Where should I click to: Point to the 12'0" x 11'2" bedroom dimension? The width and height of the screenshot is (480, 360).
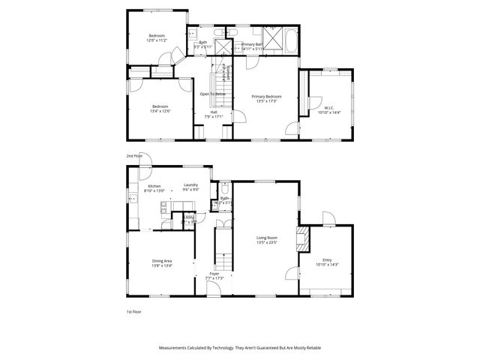156,40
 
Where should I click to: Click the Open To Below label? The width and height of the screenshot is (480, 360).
212,94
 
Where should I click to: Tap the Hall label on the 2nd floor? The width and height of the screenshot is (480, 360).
214,112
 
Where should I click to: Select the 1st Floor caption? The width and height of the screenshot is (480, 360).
133,310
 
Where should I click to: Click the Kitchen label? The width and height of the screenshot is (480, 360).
154,185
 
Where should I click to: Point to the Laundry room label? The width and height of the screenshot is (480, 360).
190,185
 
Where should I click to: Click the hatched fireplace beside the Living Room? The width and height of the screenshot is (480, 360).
302,240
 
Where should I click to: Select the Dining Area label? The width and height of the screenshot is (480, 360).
161,260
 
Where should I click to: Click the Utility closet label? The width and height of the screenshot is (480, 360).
188,217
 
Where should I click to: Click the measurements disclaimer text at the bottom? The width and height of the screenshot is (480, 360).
239,348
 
